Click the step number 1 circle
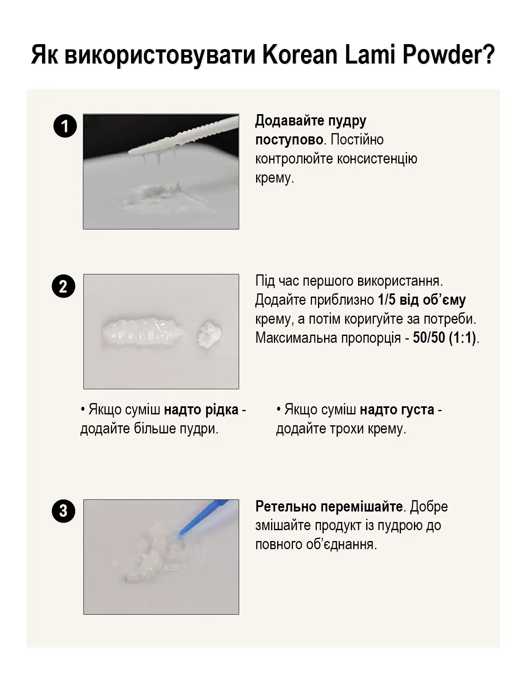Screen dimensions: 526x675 [65, 126]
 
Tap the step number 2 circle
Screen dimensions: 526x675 [64, 287]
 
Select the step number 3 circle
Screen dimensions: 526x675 [64, 511]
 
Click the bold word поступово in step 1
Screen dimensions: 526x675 [289, 140]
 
